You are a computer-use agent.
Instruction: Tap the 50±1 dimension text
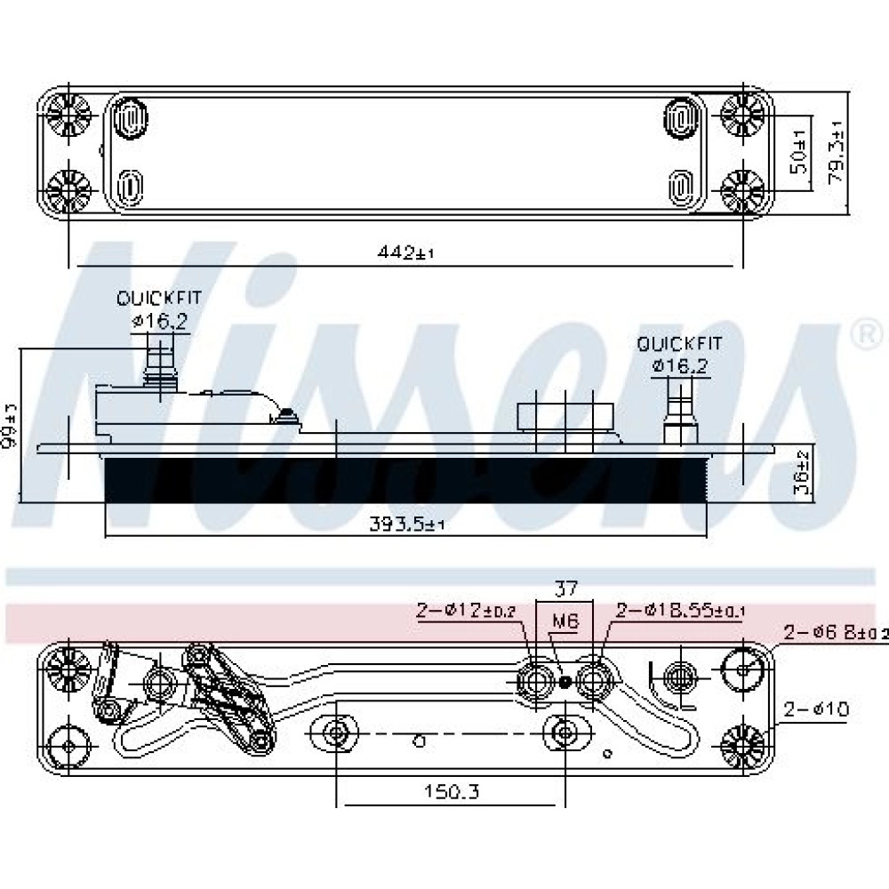tap(798, 151)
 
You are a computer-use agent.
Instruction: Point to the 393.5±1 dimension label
tap(406, 525)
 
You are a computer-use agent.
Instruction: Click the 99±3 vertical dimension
tap(12, 425)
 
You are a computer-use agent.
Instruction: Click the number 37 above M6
tap(566, 589)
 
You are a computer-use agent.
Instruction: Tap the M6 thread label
tap(565, 623)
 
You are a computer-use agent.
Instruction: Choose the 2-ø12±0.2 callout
tap(466, 611)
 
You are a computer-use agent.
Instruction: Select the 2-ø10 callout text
tap(817, 709)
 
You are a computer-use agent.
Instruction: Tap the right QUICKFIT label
tap(680, 342)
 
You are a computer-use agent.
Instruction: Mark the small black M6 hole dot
tap(565, 682)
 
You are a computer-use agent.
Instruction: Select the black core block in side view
tap(405, 480)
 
